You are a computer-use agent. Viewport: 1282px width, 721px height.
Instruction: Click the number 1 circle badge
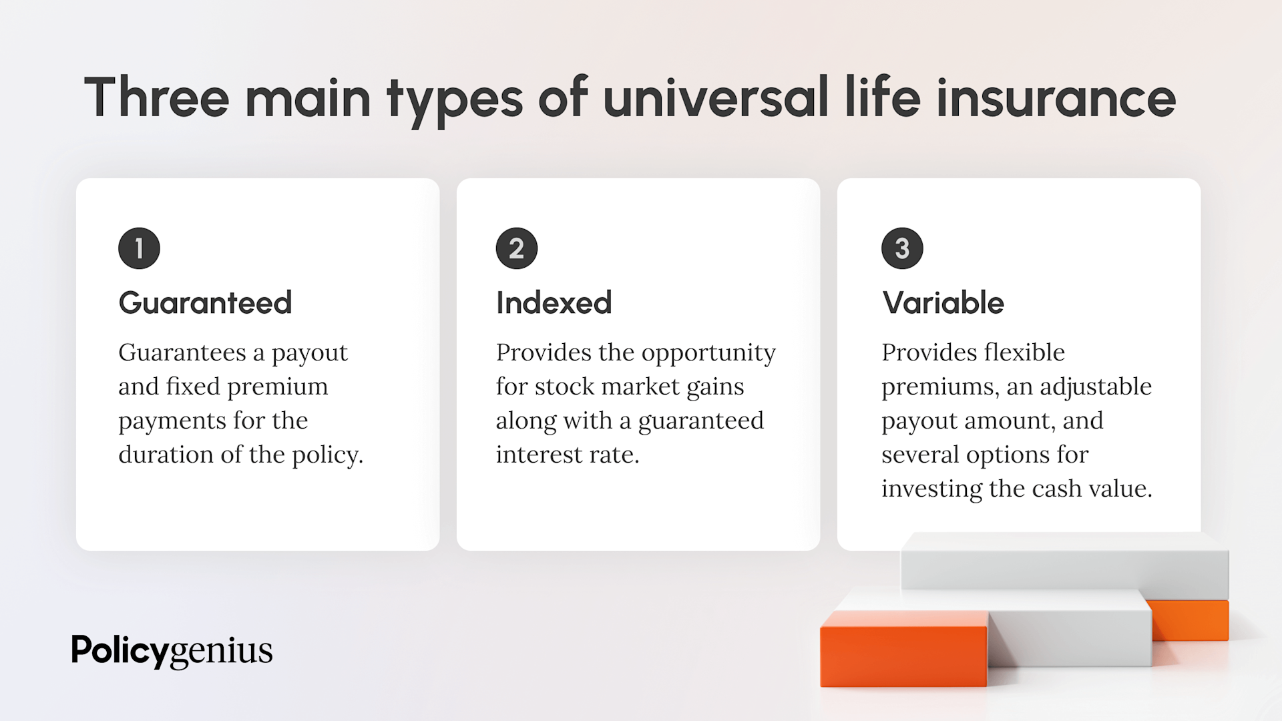139,248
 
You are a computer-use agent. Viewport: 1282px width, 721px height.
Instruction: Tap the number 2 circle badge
516,248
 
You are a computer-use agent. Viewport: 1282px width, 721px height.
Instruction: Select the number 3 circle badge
902,248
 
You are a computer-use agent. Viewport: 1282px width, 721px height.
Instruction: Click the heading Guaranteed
205,303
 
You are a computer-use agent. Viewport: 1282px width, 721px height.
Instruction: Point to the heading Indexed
554,303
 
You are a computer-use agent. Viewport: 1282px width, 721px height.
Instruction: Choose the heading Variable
943,303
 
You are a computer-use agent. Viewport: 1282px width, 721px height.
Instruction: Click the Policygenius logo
172,650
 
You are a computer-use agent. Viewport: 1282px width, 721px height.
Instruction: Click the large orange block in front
903,651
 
